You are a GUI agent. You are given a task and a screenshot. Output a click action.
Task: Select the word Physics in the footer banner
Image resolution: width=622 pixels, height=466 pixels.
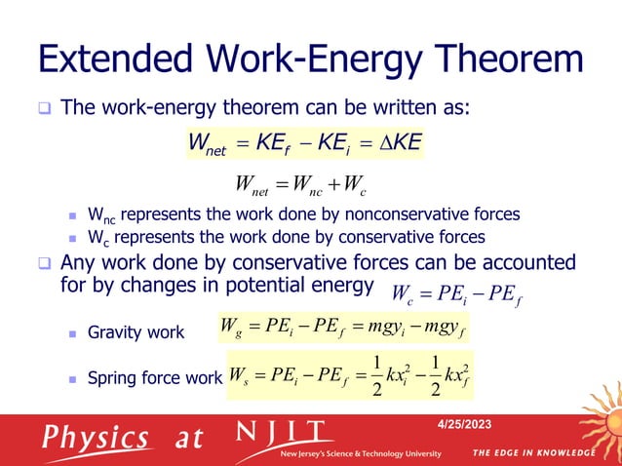(95, 437)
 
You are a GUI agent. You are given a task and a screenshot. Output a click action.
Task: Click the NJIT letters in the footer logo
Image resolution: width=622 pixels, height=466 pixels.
(284, 431)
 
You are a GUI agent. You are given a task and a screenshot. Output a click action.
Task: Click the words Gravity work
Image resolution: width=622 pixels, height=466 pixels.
(136, 332)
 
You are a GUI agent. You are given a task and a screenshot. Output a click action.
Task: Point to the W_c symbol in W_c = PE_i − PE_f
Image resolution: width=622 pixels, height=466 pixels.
(403, 293)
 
